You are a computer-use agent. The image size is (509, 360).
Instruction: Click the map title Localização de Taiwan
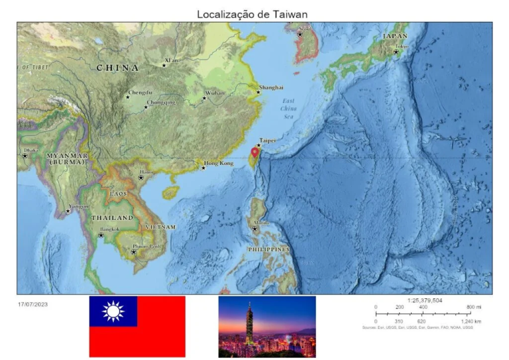click(252, 14)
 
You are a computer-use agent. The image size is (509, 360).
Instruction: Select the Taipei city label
click(267, 141)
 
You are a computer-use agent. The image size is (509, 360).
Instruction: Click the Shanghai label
click(271, 88)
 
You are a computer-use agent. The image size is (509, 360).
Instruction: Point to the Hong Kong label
click(219, 163)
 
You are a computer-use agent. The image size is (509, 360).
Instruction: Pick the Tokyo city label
click(402, 47)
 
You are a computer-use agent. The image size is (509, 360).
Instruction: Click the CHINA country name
click(118, 68)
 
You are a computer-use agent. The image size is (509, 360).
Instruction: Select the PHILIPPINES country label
click(268, 249)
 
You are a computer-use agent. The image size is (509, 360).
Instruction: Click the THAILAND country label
click(112, 217)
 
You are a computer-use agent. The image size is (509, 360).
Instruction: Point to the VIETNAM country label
click(160, 227)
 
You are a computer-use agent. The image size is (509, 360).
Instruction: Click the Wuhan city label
click(214, 93)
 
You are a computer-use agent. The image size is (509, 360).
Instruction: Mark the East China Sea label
click(288, 108)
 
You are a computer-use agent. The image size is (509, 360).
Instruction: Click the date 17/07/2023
click(32, 304)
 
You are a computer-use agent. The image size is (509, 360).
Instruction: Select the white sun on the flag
click(113, 311)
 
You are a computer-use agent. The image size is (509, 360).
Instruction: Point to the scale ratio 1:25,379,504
click(425, 300)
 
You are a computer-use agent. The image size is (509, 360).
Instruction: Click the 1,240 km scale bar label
click(471, 321)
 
